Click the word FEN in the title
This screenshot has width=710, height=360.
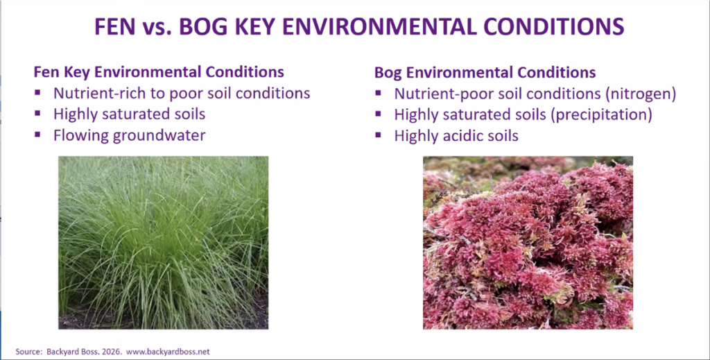[115, 27]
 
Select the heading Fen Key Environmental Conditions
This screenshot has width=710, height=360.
[159, 72]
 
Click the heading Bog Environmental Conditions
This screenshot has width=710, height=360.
[485, 72]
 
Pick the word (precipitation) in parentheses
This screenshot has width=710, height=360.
[601, 114]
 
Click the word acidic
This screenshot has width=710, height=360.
[456, 136]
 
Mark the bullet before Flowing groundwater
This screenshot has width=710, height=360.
[37, 135]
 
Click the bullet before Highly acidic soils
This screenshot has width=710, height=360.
[378, 135]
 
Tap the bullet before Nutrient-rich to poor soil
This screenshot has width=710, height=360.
[37, 93]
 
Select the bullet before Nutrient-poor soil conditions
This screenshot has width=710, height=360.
[378, 93]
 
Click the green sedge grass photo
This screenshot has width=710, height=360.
[163, 243]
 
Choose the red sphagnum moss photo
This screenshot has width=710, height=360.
[528, 243]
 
